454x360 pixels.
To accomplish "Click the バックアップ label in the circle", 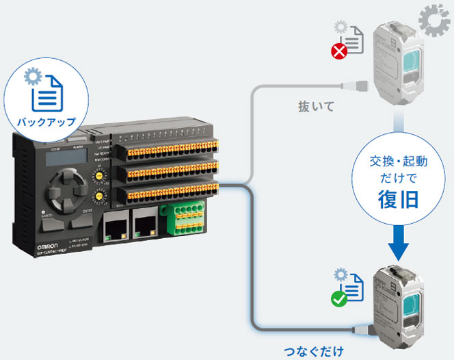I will tap(46, 123).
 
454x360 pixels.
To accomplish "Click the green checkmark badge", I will tap(338, 298).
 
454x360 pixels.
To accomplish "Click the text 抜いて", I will tap(312, 107).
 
